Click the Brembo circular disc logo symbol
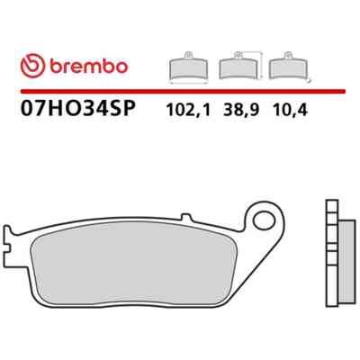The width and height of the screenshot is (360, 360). click(x=32, y=66)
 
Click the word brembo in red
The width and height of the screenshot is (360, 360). click(x=89, y=66)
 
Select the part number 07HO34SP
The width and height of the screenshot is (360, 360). click(x=78, y=108)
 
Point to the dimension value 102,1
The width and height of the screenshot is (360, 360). click(x=188, y=110)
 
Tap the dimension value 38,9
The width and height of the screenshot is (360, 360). click(x=240, y=110)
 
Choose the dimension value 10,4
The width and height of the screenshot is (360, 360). click(x=290, y=110)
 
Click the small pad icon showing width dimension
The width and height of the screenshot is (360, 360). click(x=188, y=67)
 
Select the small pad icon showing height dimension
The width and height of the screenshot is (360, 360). click(x=241, y=66)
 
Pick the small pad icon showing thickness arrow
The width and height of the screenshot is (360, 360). click(x=290, y=67)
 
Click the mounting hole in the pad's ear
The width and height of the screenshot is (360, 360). click(x=264, y=220)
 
